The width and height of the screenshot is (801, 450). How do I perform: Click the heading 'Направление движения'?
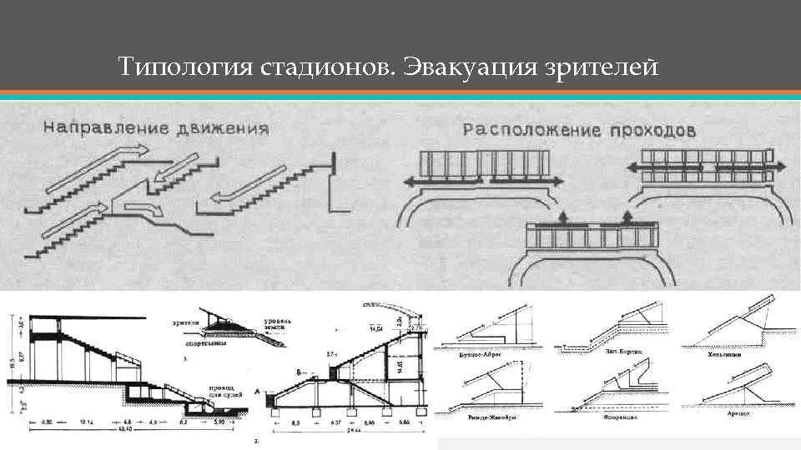(x=156, y=128)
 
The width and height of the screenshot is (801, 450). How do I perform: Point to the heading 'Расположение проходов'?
(x=581, y=130)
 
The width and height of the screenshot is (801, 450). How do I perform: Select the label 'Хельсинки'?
(x=733, y=352)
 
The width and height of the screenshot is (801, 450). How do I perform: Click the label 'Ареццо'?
(x=738, y=413)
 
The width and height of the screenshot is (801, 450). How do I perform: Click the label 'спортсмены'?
(x=193, y=342)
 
